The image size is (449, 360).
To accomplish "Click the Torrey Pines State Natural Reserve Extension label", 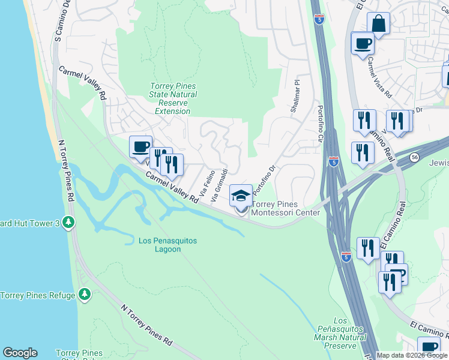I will (173, 99).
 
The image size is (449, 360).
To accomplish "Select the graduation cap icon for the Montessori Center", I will (241, 196).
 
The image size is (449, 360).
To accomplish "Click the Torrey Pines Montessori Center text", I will (285, 208).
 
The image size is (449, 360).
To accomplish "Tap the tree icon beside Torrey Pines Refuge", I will (85, 294).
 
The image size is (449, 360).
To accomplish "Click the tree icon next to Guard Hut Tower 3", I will (69, 223).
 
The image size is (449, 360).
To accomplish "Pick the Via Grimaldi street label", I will (219, 185).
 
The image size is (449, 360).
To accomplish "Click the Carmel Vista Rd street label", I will (379, 78).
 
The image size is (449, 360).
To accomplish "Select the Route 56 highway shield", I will (415, 157).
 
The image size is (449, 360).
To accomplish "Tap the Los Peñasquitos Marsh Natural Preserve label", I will (341, 333).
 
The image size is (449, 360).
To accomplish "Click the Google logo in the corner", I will (20, 353).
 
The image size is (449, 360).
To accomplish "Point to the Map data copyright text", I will (412, 355).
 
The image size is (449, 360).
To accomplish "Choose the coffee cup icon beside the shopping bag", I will (362, 44).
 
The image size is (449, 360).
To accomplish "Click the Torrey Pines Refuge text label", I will (38, 295).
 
